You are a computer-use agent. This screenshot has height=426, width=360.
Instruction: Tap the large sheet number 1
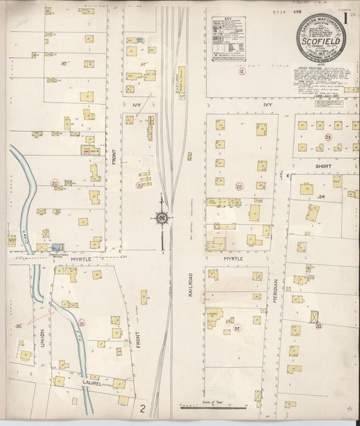345,19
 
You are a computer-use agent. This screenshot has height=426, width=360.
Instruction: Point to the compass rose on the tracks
162,218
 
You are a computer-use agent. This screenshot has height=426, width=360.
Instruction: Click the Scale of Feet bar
213,406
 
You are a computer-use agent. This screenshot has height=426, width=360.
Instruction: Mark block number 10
64,64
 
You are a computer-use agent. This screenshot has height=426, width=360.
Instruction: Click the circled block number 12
241,70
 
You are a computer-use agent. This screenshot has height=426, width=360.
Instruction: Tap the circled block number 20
54,183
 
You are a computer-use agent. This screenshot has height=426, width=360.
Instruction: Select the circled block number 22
239,186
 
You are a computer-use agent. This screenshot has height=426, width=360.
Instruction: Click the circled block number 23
328,138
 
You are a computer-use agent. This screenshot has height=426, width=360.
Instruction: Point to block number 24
322,197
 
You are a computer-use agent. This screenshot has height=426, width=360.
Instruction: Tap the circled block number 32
236,328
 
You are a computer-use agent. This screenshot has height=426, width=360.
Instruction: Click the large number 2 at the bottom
143,408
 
